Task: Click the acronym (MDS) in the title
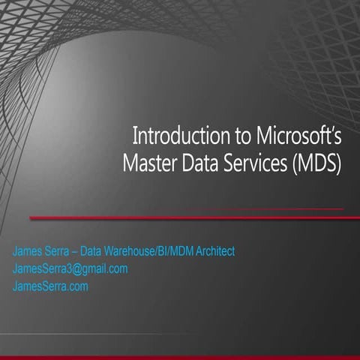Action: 316,163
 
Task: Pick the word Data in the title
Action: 196,163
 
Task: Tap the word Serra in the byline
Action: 59,251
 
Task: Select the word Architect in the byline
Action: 214,251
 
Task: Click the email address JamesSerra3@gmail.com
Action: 70,268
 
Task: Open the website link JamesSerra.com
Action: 50,286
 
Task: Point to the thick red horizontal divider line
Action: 187,218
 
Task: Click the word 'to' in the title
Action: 226,137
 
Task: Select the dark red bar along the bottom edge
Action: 180,357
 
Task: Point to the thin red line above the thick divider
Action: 262,208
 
